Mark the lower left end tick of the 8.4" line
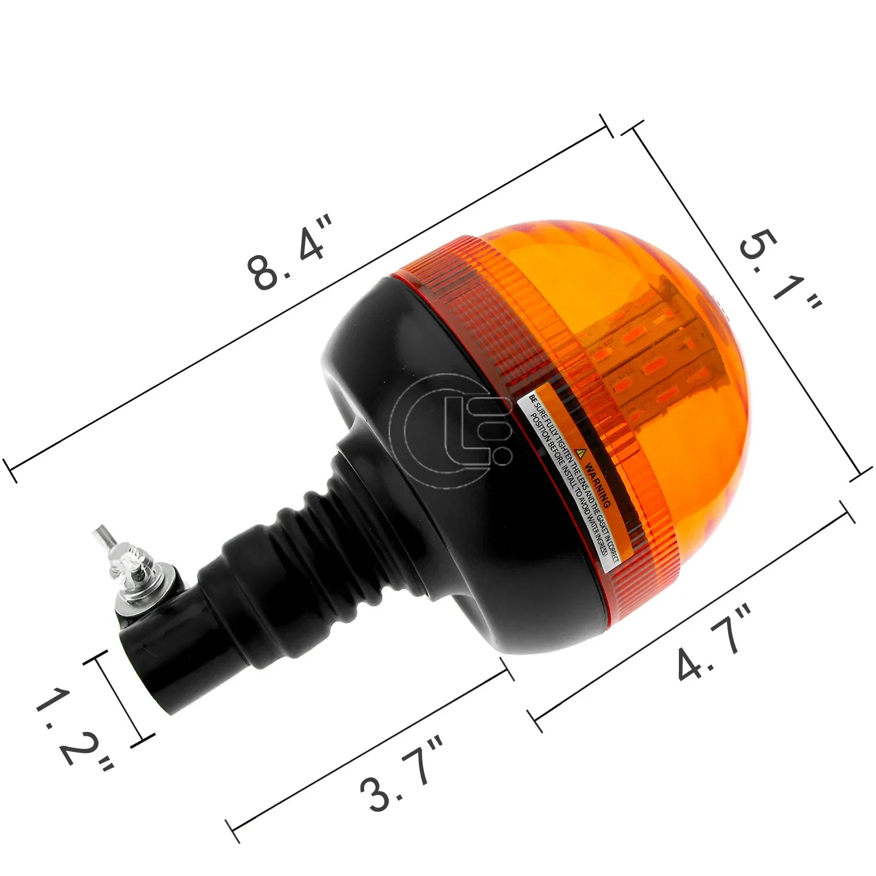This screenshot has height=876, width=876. pyautogui.click(x=10, y=470)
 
